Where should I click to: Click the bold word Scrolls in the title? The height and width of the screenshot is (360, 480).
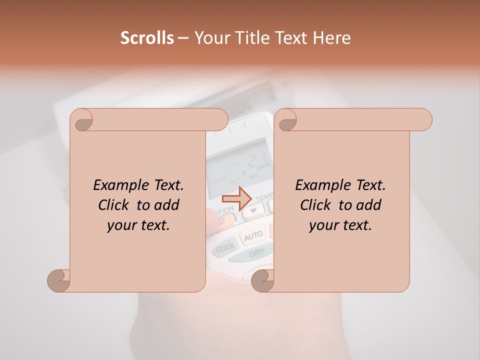(x=146, y=38)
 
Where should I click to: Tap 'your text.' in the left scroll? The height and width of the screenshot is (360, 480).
(x=138, y=225)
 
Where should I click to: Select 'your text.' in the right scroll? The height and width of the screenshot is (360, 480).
(x=340, y=225)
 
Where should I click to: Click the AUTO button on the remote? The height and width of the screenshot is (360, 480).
(x=253, y=234)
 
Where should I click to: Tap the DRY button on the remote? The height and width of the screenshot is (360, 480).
(x=256, y=253)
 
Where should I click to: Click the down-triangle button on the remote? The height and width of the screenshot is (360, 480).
(x=253, y=210)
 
